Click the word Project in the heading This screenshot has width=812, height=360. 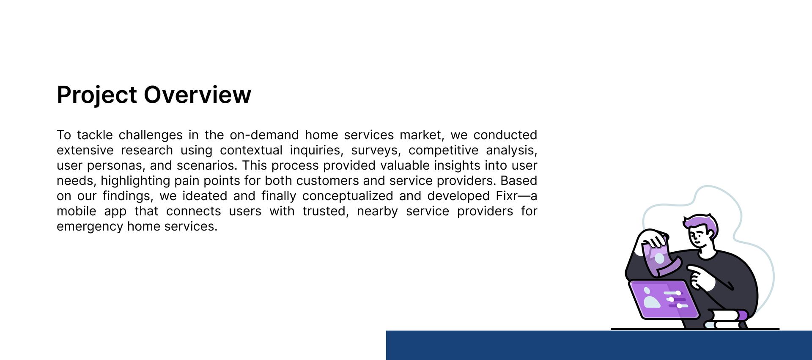(97, 95)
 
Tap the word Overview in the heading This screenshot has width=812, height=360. (198, 94)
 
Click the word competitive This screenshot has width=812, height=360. (443, 151)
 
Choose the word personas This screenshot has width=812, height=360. (115, 166)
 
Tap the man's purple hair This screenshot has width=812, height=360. (702, 223)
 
